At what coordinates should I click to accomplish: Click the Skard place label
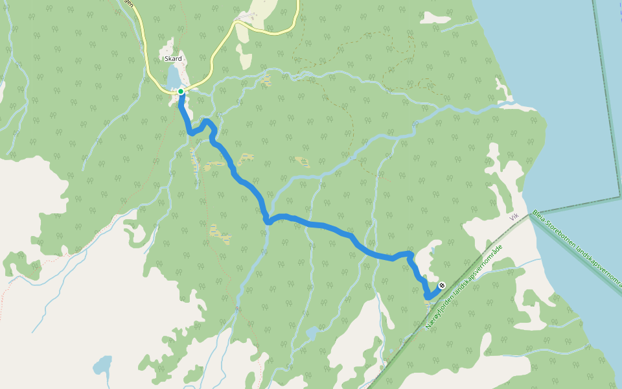[x=174, y=58]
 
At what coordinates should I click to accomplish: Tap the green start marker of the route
[x=181, y=91]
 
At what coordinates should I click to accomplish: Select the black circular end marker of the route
[x=442, y=285]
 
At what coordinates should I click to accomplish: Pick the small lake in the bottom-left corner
[x=102, y=365]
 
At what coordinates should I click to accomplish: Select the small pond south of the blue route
[x=312, y=333]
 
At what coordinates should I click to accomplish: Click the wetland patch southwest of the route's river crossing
[x=221, y=235]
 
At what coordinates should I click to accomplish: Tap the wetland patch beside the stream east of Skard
[x=266, y=80]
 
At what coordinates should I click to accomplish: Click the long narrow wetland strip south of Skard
[x=194, y=162]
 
